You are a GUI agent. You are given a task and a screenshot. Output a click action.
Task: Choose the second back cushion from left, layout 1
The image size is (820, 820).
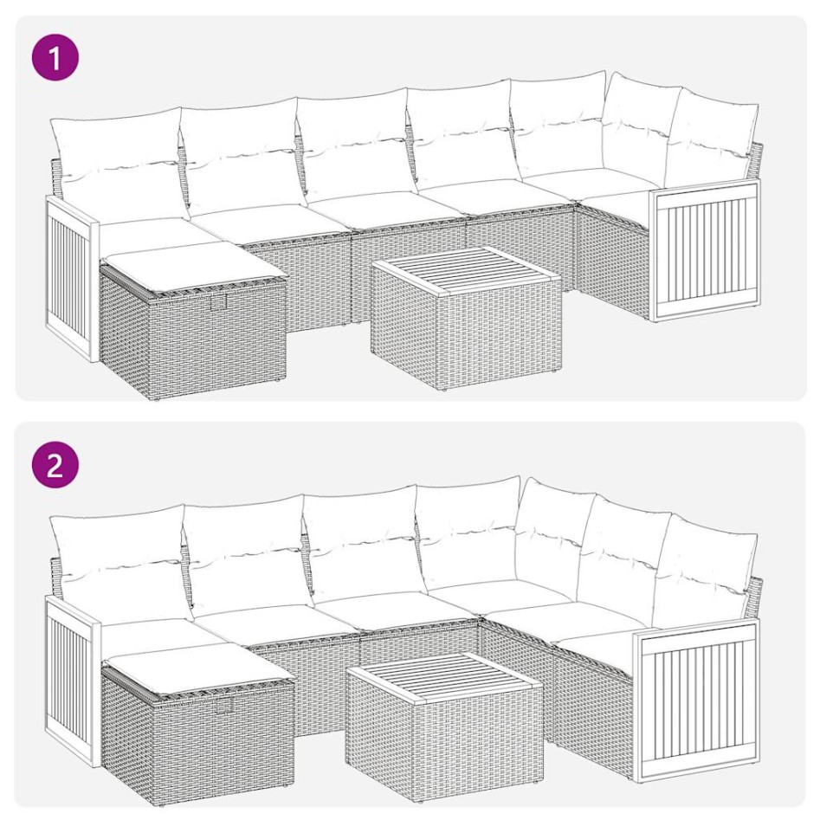click(240, 152)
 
